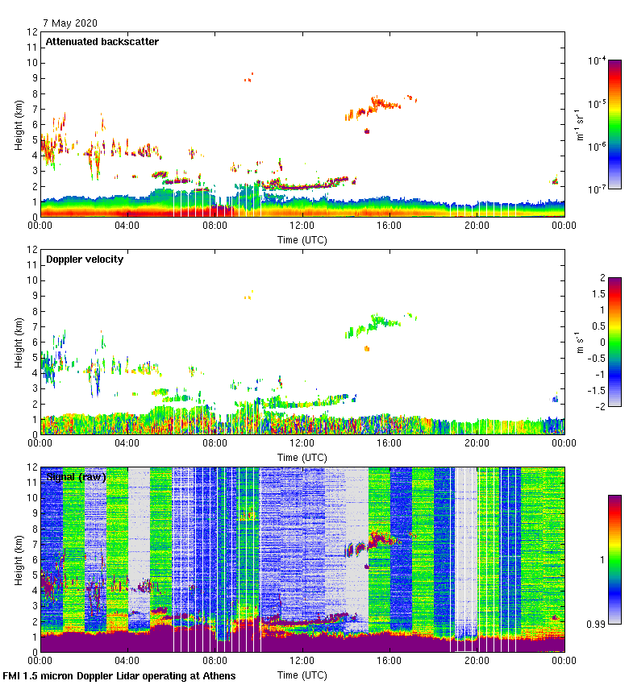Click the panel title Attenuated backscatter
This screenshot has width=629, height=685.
102,42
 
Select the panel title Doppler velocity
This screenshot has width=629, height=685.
85,259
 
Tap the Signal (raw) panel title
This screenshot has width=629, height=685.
76,477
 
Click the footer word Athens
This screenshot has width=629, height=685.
217,675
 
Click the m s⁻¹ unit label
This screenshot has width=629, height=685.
581,342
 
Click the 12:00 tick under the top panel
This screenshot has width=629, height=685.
302,226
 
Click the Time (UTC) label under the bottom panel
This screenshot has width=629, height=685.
302,675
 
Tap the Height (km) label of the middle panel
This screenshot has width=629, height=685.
18,342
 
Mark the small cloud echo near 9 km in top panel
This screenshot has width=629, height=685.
249,77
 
